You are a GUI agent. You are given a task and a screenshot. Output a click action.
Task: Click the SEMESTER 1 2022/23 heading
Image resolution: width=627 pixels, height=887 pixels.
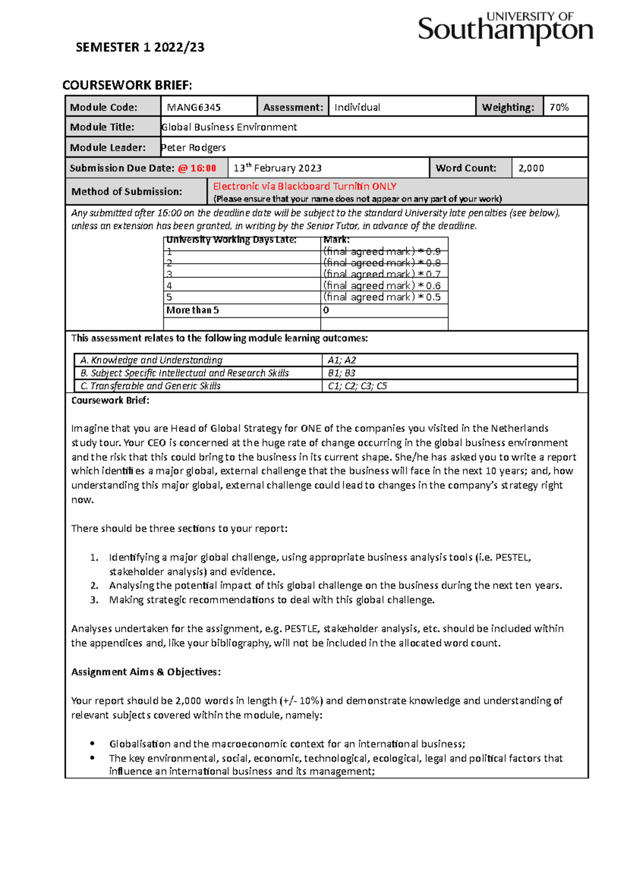click(x=140, y=48)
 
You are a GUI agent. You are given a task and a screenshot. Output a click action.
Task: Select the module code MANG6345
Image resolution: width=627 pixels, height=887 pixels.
click(x=194, y=107)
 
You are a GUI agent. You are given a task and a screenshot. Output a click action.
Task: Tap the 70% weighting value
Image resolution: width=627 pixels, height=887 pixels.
click(x=559, y=107)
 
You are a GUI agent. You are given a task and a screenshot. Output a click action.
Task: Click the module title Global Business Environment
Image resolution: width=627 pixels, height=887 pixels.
click(x=229, y=127)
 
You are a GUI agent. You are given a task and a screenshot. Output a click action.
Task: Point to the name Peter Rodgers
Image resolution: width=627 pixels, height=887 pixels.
click(x=193, y=147)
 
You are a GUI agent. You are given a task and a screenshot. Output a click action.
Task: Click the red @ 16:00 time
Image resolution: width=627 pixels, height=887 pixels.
click(x=197, y=168)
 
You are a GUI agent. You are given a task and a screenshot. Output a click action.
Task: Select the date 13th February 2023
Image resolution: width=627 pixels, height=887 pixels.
click(x=277, y=168)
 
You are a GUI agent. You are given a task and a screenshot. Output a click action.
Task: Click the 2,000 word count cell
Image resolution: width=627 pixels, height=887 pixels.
click(x=531, y=168)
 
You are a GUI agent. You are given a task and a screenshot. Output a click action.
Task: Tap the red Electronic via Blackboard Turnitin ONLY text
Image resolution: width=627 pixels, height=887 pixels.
click(x=305, y=186)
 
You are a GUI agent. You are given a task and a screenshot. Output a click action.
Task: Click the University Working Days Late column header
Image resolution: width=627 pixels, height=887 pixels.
click(x=231, y=240)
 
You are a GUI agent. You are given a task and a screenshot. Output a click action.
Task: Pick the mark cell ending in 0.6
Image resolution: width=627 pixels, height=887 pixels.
click(x=382, y=286)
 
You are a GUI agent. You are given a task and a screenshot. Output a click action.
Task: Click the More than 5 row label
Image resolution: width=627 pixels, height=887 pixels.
click(x=192, y=310)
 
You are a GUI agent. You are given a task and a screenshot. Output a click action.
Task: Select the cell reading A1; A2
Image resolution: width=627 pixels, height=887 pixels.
click(x=342, y=360)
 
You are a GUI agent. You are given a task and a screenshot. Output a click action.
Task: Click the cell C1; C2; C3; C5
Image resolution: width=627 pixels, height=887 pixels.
click(x=357, y=386)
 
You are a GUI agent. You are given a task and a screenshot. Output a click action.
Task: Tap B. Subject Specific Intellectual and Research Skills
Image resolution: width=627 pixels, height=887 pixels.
click(x=184, y=373)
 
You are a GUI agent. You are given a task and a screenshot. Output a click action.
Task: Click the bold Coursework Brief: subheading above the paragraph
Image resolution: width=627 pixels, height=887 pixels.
click(x=110, y=401)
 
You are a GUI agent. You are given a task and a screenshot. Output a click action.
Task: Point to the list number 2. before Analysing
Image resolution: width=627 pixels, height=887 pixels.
click(x=94, y=586)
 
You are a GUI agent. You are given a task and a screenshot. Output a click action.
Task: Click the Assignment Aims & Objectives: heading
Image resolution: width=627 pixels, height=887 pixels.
click(x=146, y=672)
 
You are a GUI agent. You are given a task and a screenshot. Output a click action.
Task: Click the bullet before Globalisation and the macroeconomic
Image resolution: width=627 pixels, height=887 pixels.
click(x=92, y=743)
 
